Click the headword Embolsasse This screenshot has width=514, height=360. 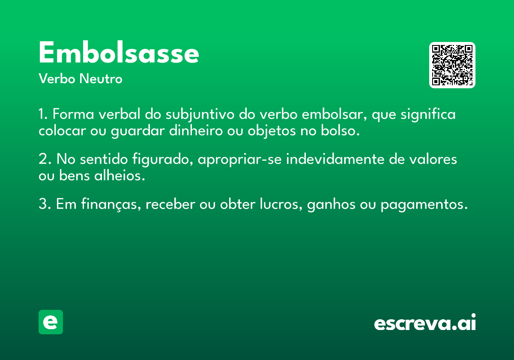tap(119, 54)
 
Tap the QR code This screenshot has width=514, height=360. tap(452, 65)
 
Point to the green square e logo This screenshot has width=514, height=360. tap(51, 322)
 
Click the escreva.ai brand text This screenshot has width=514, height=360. tap(425, 323)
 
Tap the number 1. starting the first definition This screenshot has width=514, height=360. tap(44, 115)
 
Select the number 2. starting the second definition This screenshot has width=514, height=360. tap(45, 159)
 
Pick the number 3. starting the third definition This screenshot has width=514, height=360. tap(45, 204)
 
